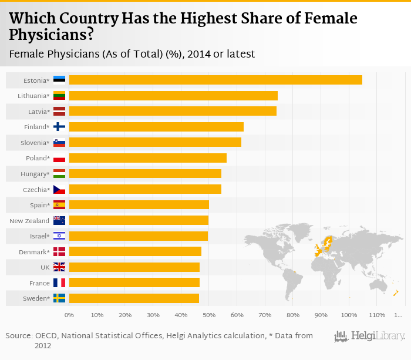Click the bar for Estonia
point(215,80)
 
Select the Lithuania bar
point(173,96)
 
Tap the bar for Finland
point(156,127)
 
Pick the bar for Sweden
point(134,298)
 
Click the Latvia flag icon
point(59,111)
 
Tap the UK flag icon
point(59,267)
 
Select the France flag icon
point(59,282)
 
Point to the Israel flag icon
point(59,236)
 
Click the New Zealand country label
point(29,220)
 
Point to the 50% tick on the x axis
point(209,315)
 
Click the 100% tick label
point(349,315)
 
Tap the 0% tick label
point(69,315)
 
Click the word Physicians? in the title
point(51,35)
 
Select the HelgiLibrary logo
point(369,337)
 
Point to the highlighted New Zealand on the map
point(396,293)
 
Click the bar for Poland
point(147,158)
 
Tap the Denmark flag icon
point(59,251)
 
